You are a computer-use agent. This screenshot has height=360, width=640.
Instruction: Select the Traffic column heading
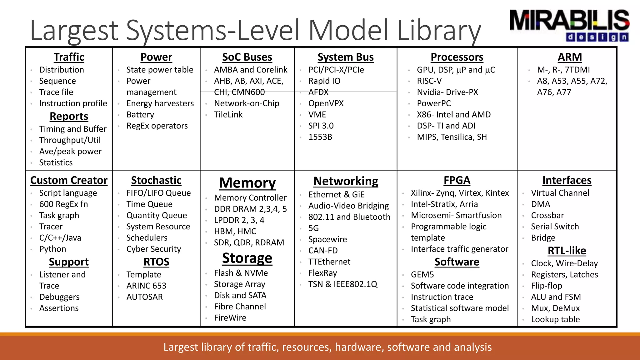[x=69, y=57]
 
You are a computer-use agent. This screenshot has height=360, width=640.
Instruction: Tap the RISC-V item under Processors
[x=429, y=81]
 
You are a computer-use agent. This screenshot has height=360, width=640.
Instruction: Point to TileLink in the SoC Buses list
[x=228, y=115]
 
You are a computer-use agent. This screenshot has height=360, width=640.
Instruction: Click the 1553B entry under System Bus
[x=320, y=137]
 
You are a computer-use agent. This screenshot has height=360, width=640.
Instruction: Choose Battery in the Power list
[x=140, y=115]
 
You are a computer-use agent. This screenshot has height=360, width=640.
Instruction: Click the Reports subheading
[x=69, y=116]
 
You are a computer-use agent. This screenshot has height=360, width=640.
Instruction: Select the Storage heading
[x=247, y=258]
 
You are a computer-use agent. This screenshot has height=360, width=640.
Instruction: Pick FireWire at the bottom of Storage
[x=230, y=318]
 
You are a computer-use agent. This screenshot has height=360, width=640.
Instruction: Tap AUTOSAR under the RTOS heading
[x=144, y=297]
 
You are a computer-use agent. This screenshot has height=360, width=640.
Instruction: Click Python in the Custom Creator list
[x=52, y=249]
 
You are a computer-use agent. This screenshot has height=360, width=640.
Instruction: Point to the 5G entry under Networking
[x=313, y=228]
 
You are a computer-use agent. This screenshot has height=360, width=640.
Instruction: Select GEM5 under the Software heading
[x=422, y=275]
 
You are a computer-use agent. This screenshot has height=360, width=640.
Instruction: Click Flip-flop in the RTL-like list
[x=546, y=286]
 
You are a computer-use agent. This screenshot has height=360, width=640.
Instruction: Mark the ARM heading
[x=570, y=57]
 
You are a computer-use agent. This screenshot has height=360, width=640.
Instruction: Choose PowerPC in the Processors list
[x=434, y=103]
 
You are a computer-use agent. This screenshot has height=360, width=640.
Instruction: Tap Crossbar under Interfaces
[x=547, y=215]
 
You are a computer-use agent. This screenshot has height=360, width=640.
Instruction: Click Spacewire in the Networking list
[x=327, y=239]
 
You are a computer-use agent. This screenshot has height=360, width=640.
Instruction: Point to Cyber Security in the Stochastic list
[x=153, y=249]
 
